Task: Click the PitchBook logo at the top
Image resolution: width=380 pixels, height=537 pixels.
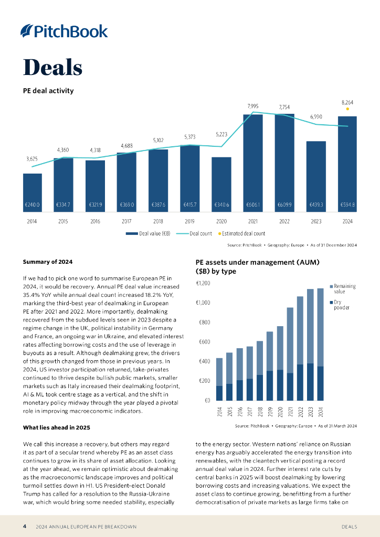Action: (x=64, y=31)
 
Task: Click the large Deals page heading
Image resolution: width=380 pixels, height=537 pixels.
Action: (x=52, y=68)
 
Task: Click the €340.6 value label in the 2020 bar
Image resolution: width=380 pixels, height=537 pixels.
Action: (x=221, y=205)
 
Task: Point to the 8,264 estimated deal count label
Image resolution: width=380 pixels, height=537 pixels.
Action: (x=347, y=103)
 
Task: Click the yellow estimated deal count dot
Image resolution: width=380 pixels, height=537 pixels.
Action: (x=347, y=109)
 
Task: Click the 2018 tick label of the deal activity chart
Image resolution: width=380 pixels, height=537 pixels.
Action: (x=158, y=221)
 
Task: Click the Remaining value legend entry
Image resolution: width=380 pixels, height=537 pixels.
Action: (x=344, y=289)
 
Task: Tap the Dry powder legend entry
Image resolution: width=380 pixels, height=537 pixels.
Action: (x=342, y=305)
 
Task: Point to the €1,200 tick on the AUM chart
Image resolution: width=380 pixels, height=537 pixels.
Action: (x=203, y=283)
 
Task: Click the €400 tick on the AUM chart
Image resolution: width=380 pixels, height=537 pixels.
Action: (x=204, y=361)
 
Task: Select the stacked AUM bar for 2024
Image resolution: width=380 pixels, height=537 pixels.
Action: (x=320, y=344)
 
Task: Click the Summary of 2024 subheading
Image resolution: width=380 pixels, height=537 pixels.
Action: (x=48, y=262)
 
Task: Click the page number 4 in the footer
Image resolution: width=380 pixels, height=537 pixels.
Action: (x=25, y=526)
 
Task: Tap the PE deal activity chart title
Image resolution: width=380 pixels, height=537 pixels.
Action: (x=48, y=91)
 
